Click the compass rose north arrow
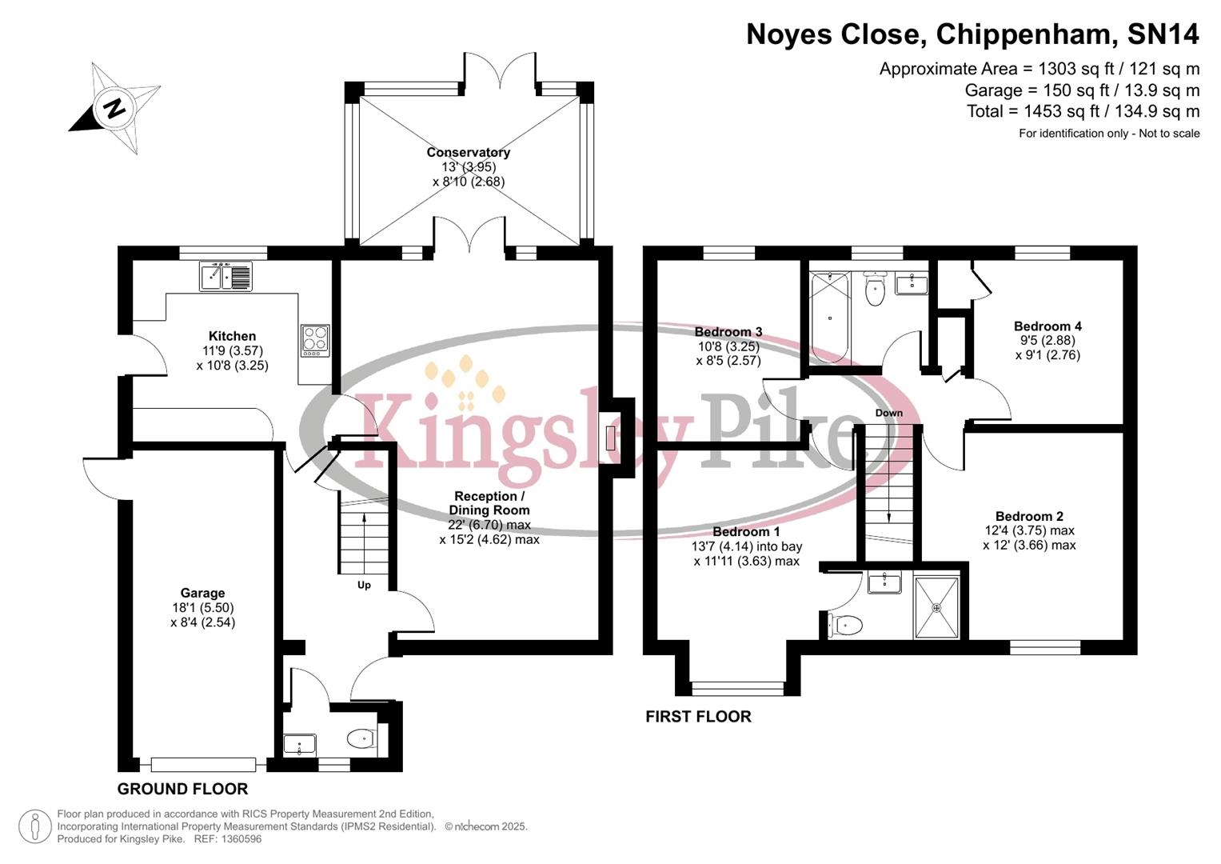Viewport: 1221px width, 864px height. [114, 107]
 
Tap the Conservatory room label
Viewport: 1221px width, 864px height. [468, 152]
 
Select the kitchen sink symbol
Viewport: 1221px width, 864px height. [225, 276]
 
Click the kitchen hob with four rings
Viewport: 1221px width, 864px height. [315, 340]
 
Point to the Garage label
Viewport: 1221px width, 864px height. [202, 593]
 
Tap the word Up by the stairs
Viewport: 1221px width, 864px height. [364, 585]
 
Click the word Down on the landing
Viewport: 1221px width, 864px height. [888, 413]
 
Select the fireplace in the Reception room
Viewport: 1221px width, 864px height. [610, 438]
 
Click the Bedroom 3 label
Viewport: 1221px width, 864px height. [728, 332]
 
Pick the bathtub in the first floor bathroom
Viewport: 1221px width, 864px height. [830, 318]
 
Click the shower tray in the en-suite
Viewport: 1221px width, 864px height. [936, 608]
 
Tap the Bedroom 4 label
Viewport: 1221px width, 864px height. [1047, 326]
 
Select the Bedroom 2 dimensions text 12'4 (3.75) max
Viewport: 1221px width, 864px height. [1029, 530]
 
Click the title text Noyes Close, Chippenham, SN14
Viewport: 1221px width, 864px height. [972, 34]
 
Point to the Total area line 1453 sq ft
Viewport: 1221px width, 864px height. [1083, 111]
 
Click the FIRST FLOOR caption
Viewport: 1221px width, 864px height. [698, 717]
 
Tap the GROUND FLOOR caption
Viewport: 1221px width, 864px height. [182, 789]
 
